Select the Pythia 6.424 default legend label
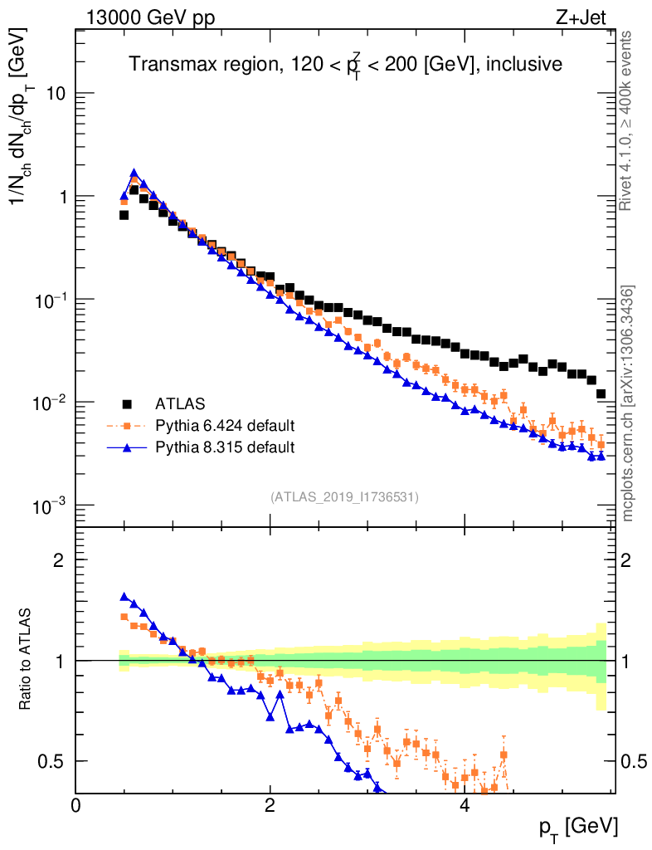click(x=225, y=426)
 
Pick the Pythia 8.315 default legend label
click(x=225, y=447)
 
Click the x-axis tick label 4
click(x=464, y=805)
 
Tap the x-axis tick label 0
click(x=76, y=805)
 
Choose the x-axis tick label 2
click(x=270, y=805)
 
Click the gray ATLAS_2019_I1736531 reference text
click(x=344, y=497)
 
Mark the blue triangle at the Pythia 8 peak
click(x=134, y=173)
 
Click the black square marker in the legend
click(x=127, y=404)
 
